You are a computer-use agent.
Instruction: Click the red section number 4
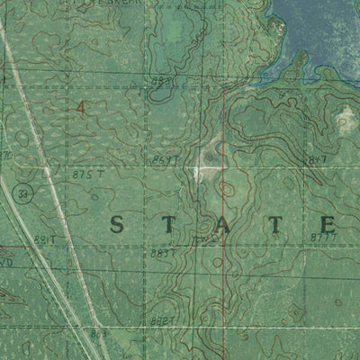click(82, 106)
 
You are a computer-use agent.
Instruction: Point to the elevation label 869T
click(165, 159)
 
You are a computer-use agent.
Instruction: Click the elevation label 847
click(316, 159)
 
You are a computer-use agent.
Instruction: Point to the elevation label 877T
click(323, 238)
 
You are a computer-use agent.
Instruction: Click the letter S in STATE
click(119, 225)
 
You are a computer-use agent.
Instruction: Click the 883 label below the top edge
click(161, 80)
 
